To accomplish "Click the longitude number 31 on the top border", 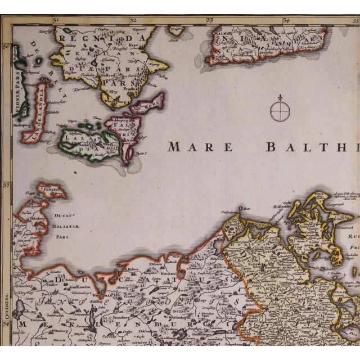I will [x=56, y=20].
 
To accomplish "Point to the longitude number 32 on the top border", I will [x=133, y=20].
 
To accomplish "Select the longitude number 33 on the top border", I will [x=210, y=20].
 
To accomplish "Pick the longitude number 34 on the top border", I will [x=286, y=20].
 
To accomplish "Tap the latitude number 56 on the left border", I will [x=7, y=47].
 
